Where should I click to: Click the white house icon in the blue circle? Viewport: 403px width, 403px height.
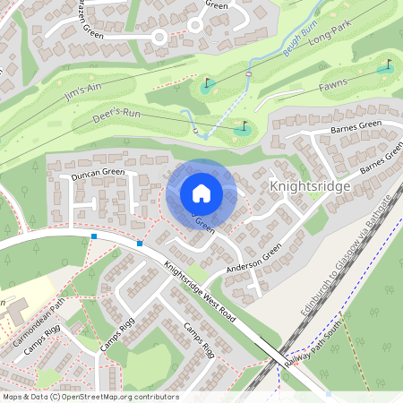pos(201,193)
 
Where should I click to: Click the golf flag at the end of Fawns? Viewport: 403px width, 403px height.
pos(387,66)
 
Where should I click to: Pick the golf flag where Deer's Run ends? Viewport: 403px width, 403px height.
pos(243,128)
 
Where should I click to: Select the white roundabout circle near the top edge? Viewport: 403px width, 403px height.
pos(159,37)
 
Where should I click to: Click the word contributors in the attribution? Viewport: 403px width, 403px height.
pos(155,397)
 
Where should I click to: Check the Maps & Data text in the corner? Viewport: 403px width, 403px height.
pos(22,397)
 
